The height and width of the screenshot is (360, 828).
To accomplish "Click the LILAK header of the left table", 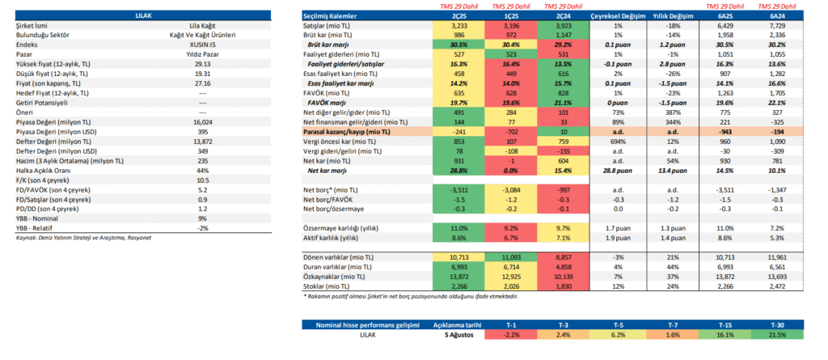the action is pos(143,16).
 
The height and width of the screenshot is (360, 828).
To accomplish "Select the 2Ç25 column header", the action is pos(458,16).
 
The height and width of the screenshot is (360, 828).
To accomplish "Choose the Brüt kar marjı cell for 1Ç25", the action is pos(510,44).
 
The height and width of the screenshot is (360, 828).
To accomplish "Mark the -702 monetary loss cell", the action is pos(510,132).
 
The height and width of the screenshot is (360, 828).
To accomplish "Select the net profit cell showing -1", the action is pos(510,160).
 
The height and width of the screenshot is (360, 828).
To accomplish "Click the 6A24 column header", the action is pos(777,16).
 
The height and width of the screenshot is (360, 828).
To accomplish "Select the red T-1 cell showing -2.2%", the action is pos(509,335).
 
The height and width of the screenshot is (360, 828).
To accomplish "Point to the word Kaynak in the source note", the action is pos(24,238).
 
